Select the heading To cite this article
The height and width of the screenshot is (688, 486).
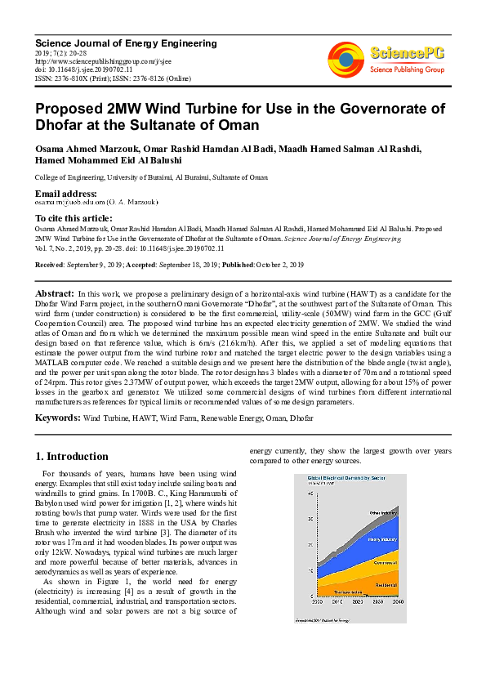73,218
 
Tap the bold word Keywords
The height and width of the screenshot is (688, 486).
56,418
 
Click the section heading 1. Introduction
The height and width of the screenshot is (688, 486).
73,457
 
